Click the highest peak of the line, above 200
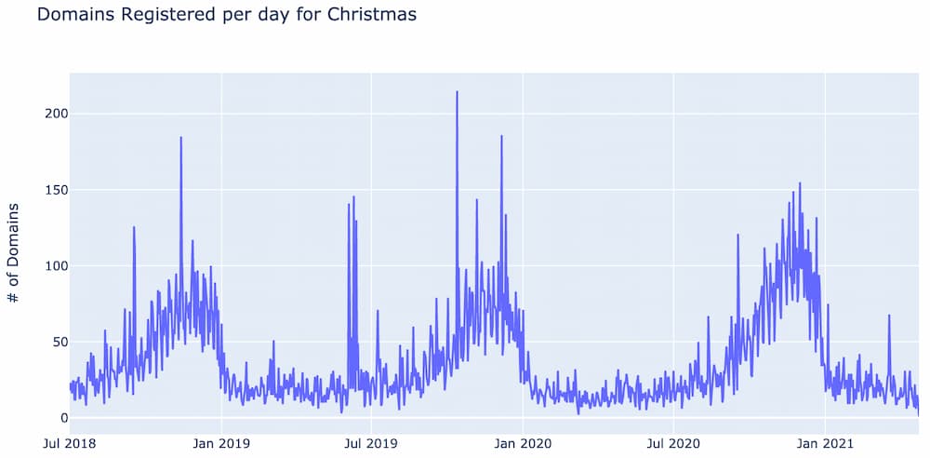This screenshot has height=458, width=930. coord(457,92)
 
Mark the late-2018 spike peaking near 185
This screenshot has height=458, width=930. coord(180,138)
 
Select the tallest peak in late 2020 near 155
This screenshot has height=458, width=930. coord(799,183)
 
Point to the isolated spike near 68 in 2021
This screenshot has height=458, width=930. coord(889,316)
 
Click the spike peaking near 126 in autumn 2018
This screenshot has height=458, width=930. coord(134,227)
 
